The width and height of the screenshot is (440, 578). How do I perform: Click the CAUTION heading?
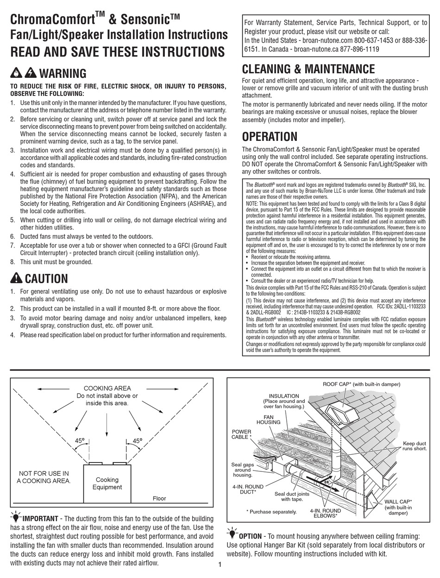tap(46, 279)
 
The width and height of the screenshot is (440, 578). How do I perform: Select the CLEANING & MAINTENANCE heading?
tap(308, 70)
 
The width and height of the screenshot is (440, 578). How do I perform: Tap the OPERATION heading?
tap(270, 137)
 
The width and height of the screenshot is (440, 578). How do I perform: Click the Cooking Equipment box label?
tap(107, 483)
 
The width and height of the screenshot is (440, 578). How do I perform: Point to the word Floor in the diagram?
tap(159, 498)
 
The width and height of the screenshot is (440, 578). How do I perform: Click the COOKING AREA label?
tap(107, 388)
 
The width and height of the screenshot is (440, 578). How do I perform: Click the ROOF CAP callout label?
tap(361, 384)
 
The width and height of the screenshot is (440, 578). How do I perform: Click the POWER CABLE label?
tap(241, 434)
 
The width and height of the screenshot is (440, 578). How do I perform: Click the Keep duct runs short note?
tap(415, 446)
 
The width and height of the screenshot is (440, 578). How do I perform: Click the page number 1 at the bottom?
tap(220, 564)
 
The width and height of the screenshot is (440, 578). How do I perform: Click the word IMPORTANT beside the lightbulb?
tap(40, 518)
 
